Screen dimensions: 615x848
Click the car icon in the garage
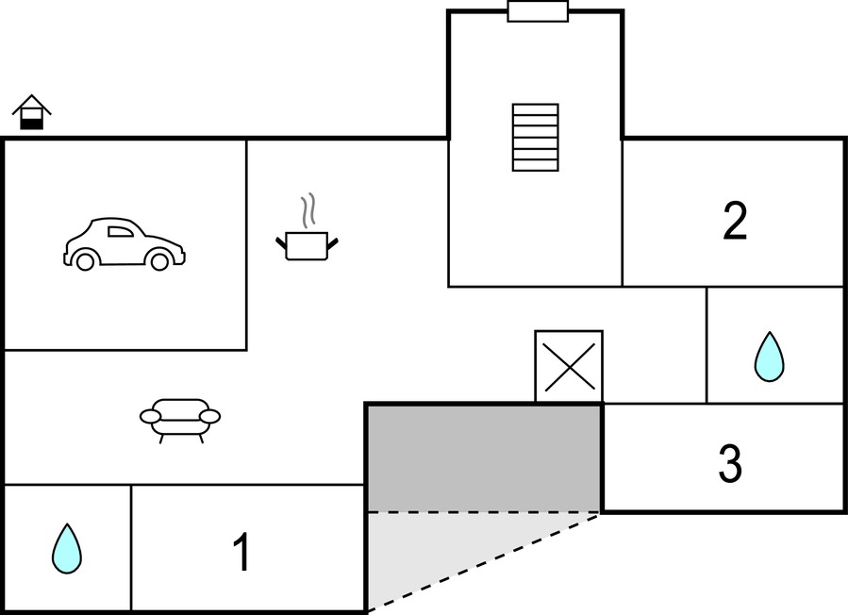124,244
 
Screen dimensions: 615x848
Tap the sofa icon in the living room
180,419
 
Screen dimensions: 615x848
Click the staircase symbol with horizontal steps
535,138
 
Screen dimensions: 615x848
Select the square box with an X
569,366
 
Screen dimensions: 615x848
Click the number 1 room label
242,553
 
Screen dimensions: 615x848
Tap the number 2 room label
735,221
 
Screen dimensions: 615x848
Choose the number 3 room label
730,464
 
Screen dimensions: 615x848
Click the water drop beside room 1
66,549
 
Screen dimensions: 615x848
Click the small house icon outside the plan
32,113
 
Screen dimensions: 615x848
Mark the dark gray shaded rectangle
484,457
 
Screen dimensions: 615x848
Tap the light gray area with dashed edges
424,552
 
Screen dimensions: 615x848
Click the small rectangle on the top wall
538,11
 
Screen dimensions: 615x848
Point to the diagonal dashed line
483,562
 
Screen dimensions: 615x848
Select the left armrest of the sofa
151,415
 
